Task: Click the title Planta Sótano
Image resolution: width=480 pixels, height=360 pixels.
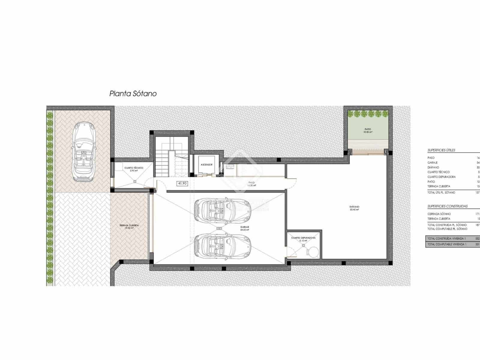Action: point(133,94)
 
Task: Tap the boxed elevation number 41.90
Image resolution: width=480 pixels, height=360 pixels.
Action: point(182,183)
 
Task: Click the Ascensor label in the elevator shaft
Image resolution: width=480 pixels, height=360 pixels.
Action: point(206,165)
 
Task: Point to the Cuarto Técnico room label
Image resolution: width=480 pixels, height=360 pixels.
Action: point(134,168)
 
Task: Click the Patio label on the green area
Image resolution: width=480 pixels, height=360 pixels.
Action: point(368,129)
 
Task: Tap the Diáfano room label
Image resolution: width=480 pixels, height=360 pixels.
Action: point(354,207)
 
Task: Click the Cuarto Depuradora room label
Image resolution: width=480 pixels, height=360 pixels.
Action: point(303,238)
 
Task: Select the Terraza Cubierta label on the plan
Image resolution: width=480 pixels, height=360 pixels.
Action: point(129,226)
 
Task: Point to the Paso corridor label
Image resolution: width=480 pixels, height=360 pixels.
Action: point(251,182)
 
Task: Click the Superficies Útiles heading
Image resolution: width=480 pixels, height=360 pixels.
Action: point(441,150)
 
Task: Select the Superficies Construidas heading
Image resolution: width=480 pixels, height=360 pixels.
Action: point(447,206)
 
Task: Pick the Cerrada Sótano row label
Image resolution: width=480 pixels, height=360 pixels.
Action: point(439,214)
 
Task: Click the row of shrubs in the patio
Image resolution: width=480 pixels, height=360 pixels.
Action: point(368,114)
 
